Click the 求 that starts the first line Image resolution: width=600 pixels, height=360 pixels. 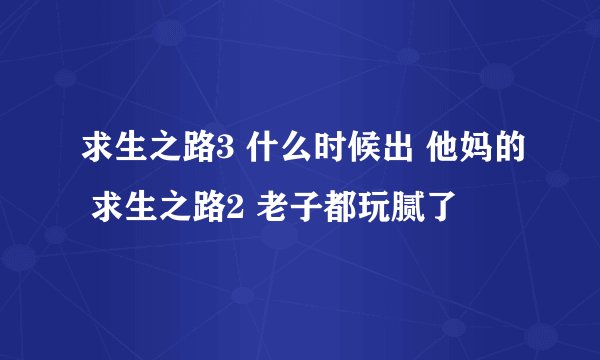[x=96, y=153]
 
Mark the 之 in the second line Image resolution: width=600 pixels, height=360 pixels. [x=171, y=209]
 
